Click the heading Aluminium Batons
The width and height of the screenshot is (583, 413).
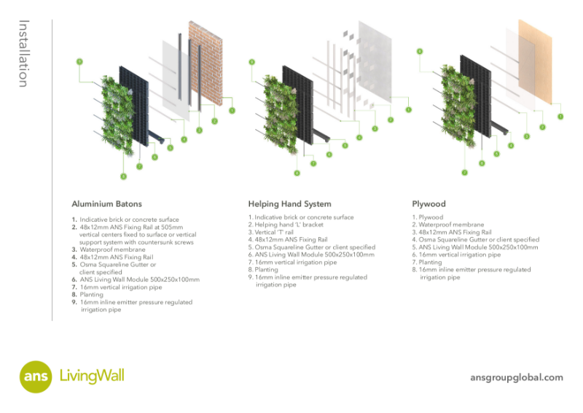106,204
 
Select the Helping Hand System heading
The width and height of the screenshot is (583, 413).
289,204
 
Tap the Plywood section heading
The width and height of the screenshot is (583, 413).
429,204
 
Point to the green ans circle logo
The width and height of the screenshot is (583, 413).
35,377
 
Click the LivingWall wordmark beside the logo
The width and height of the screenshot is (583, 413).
92,377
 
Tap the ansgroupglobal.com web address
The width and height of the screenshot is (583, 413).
517,377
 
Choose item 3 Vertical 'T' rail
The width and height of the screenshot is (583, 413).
277,232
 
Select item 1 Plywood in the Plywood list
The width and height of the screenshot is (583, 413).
429,217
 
